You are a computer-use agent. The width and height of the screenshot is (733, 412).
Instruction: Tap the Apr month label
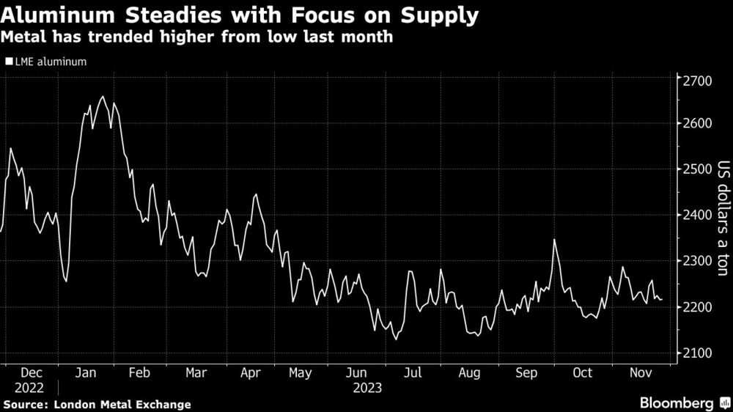pyautogui.click(x=251, y=373)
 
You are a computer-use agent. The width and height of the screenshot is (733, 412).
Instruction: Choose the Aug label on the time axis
pyautogui.click(x=469, y=373)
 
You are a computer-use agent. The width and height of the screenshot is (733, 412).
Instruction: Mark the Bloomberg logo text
pyautogui.click(x=677, y=403)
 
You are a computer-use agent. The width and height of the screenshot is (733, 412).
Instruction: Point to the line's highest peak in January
pyautogui.click(x=102, y=97)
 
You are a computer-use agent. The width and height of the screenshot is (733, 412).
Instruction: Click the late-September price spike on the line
pyautogui.click(x=554, y=240)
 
